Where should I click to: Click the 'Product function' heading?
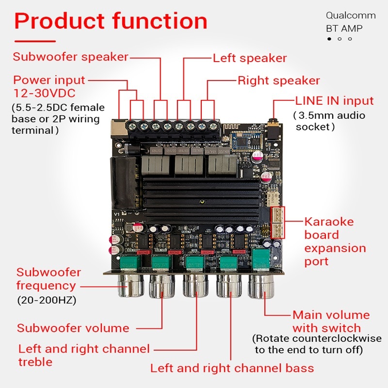pos(111,21)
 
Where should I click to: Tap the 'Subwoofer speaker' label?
pos(71,57)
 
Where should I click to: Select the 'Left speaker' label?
pos(250,58)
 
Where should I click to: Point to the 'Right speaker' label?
pos(278,81)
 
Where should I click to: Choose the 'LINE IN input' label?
pos(334,101)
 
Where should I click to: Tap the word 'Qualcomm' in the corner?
pos(344,16)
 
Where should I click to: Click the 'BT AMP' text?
pos(344,29)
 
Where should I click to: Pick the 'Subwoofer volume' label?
pos(73,328)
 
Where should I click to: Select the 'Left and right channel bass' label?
pos(232,368)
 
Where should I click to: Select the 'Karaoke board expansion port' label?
pos(335,242)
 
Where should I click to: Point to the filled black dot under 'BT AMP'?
pos(329,39)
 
